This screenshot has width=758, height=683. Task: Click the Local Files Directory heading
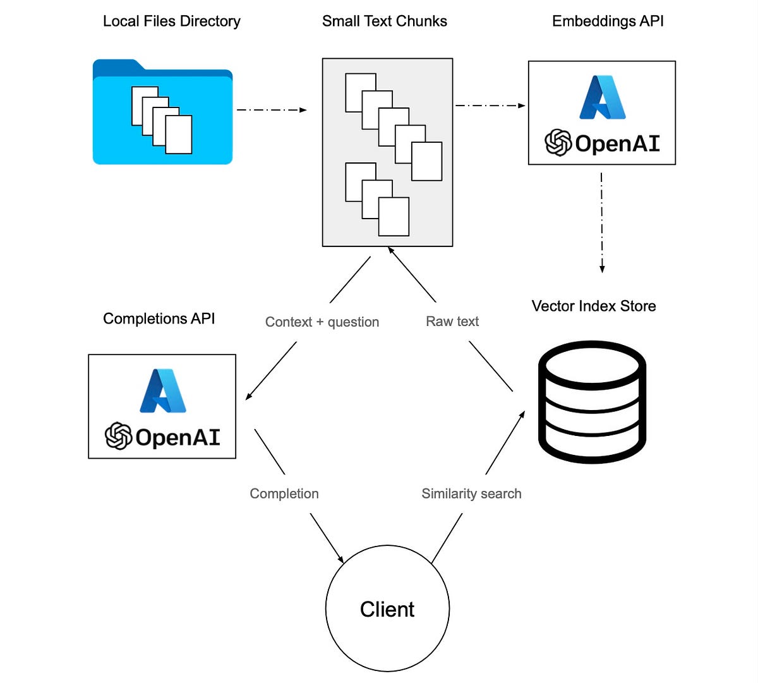coord(171,21)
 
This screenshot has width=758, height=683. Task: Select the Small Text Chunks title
coord(384,21)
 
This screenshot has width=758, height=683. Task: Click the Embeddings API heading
coord(608,21)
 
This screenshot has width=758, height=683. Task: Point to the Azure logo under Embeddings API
coord(603,97)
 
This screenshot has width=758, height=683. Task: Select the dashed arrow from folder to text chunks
coord(272,110)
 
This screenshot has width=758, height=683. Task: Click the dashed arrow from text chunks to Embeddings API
coord(490,106)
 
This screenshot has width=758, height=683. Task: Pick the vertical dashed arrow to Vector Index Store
coord(602,221)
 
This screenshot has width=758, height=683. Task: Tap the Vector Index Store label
coord(594,306)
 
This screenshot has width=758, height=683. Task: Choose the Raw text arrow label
coord(452,322)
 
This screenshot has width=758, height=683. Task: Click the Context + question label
coord(322,322)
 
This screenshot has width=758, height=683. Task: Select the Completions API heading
coord(159,319)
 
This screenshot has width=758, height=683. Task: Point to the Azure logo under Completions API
coord(162,390)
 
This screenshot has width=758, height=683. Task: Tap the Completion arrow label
coord(284,494)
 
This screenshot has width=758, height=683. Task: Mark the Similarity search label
coord(471,494)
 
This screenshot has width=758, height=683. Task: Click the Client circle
coord(387,609)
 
